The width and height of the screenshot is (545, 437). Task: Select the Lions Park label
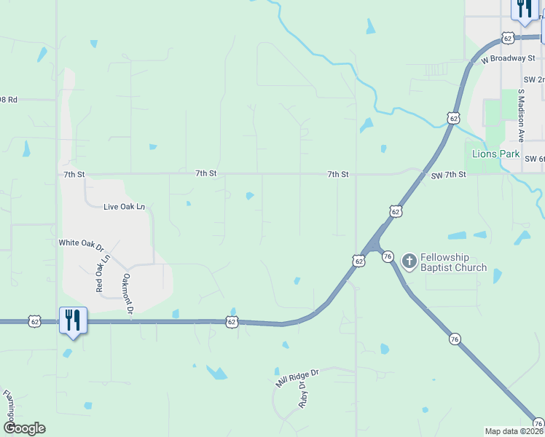point(495,154)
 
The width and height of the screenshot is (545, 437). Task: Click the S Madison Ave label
point(521,115)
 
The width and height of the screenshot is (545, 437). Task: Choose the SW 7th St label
point(447,176)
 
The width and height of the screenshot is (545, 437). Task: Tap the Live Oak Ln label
point(124,207)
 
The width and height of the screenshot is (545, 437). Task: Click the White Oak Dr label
point(82,243)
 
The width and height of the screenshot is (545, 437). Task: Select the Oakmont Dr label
point(128,293)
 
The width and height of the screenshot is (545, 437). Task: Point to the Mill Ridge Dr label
point(297,377)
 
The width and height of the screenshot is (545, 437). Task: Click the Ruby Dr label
point(302,395)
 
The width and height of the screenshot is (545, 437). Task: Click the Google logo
point(23,428)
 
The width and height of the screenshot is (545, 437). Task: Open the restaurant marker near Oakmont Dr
point(73,320)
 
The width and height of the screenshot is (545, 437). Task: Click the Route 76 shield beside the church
point(388,256)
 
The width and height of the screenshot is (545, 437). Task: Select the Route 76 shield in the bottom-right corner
point(538,423)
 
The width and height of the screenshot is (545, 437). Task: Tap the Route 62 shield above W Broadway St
point(508,37)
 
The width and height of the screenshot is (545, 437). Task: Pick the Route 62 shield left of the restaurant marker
point(34,320)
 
